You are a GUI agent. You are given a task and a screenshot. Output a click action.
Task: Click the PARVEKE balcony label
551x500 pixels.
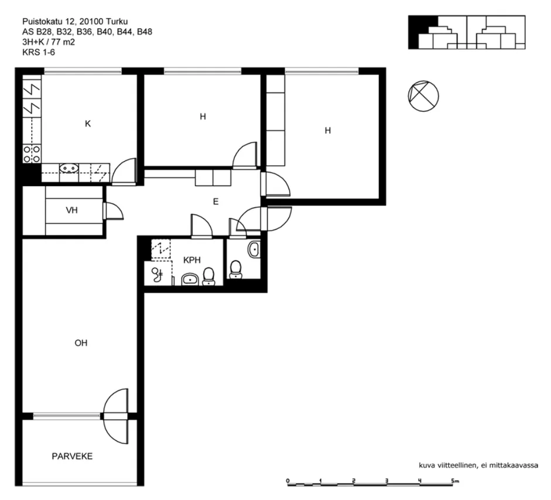click(x=72, y=456)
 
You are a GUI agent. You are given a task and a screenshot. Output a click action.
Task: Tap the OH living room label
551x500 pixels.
click(x=81, y=343)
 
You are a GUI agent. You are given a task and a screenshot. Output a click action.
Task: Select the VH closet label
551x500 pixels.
click(x=71, y=210)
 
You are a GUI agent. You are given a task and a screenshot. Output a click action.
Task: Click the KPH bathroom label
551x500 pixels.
click(x=192, y=260)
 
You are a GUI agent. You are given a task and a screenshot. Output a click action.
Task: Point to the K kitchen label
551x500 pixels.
click(x=88, y=124)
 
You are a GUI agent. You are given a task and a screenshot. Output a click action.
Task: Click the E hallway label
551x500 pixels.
click(x=215, y=201)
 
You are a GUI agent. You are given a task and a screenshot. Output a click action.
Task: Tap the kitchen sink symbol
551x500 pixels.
click(x=69, y=168)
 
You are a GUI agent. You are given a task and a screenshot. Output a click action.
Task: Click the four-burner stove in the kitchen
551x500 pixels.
click(x=32, y=154)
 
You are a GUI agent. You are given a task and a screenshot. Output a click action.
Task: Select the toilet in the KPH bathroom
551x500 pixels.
click(x=208, y=276)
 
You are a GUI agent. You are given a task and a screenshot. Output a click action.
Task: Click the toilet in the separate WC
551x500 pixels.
click(x=235, y=269)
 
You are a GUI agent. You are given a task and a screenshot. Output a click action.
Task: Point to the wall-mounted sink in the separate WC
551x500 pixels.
click(x=254, y=249)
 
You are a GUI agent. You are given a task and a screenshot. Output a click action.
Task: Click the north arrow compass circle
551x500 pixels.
click(x=423, y=96)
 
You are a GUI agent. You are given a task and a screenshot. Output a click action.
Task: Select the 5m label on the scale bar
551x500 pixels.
click(x=455, y=481)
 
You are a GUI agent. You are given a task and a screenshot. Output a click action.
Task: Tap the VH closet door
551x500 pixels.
click(x=113, y=211)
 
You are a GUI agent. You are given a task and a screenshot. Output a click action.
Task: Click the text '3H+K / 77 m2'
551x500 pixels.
click(x=49, y=42)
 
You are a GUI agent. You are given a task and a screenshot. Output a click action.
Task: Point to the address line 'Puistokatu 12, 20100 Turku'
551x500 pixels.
click(x=75, y=22)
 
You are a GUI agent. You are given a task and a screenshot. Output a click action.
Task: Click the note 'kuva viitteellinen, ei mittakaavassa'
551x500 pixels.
click(x=478, y=465)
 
